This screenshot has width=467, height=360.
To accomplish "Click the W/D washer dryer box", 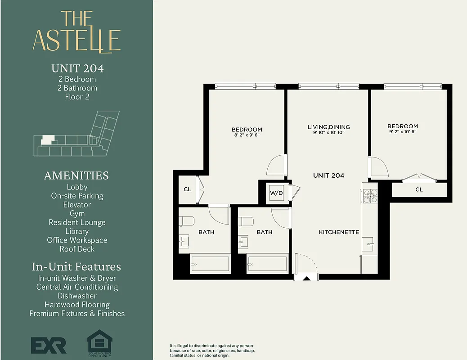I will pyautogui.click(x=276, y=193).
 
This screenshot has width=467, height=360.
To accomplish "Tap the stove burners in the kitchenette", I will pyautogui.click(x=370, y=195).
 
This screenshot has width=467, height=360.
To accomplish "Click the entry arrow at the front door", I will pyautogui.click(x=306, y=279).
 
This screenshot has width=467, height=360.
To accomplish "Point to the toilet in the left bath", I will pyautogui.click(x=186, y=221).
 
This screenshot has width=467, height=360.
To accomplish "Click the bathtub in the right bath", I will pyautogui.click(x=267, y=264).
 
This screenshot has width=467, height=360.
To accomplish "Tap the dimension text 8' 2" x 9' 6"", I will pyautogui.click(x=247, y=135).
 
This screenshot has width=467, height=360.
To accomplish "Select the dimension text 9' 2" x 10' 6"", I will pyautogui.click(x=403, y=132).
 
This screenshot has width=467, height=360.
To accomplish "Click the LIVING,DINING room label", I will pyautogui.click(x=328, y=127).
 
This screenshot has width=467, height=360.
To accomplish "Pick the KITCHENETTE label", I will pyautogui.click(x=339, y=232).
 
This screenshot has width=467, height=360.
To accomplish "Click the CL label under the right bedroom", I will pyautogui.click(x=419, y=189).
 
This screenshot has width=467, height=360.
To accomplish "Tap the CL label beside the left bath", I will pyautogui.click(x=187, y=189).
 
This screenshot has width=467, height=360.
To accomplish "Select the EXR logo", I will pyautogui.click(x=49, y=345).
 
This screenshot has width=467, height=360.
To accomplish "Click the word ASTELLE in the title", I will pyautogui.click(x=76, y=40).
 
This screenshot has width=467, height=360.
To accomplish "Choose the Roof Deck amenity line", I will pyautogui.click(x=77, y=249).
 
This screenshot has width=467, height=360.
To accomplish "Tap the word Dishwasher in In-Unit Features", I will pyautogui.click(x=77, y=296).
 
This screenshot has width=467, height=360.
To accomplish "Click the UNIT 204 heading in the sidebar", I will pyautogui.click(x=77, y=68).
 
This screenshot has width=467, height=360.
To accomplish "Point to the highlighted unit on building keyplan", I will pyautogui.click(x=46, y=140).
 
